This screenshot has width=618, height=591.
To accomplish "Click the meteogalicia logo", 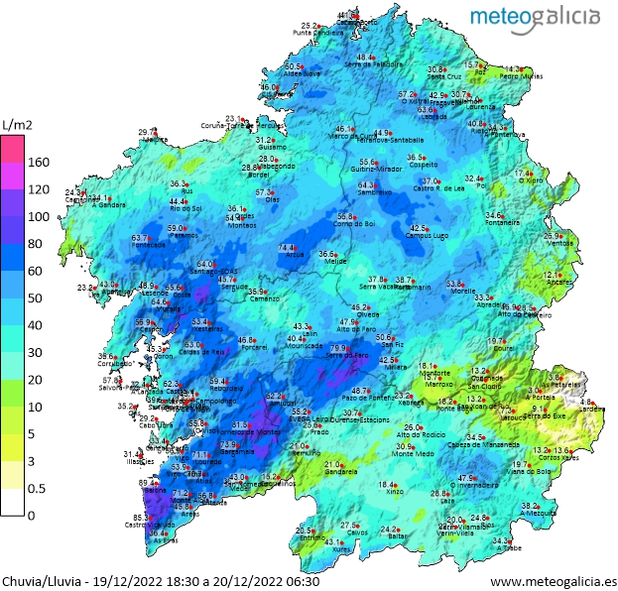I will [534, 16].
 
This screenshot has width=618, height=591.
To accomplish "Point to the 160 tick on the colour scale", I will [37, 162].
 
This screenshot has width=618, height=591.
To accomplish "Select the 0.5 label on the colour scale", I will [36, 488].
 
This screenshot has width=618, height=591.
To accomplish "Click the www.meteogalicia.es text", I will [554, 581].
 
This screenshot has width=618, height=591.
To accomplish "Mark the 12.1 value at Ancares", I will [553, 275].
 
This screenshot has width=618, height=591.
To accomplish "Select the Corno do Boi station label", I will [346, 224].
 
